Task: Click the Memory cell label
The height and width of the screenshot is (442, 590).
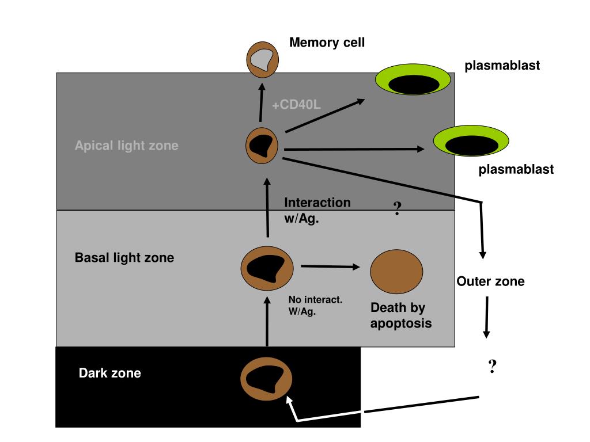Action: (327, 43)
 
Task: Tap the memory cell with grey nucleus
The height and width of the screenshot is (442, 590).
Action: (262, 60)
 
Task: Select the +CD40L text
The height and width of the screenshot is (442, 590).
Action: (296, 105)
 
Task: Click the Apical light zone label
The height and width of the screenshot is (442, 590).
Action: (126, 146)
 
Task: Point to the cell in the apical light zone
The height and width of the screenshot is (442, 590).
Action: (262, 146)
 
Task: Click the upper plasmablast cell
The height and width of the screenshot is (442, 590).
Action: (413, 79)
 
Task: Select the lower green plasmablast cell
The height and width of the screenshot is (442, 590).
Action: (471, 140)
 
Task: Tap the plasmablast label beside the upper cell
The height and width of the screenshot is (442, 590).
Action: (502, 66)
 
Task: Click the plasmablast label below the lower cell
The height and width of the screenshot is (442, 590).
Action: (516, 169)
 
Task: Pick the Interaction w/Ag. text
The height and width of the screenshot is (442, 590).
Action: (317, 210)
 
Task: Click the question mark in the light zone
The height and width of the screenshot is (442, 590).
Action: (397, 208)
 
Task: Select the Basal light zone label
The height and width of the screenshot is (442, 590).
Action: (124, 257)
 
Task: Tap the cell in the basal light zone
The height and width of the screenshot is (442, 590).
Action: (267, 268)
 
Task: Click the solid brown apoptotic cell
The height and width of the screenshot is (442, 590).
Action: (396, 272)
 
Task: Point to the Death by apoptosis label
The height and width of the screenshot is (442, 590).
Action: (401, 315)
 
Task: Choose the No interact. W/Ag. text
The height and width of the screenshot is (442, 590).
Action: (315, 305)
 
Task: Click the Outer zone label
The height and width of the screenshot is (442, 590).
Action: (490, 281)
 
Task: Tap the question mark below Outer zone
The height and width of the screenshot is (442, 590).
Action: (492, 366)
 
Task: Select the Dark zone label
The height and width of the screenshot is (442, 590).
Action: (110, 373)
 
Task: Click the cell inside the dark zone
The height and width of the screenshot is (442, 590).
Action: (266, 379)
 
